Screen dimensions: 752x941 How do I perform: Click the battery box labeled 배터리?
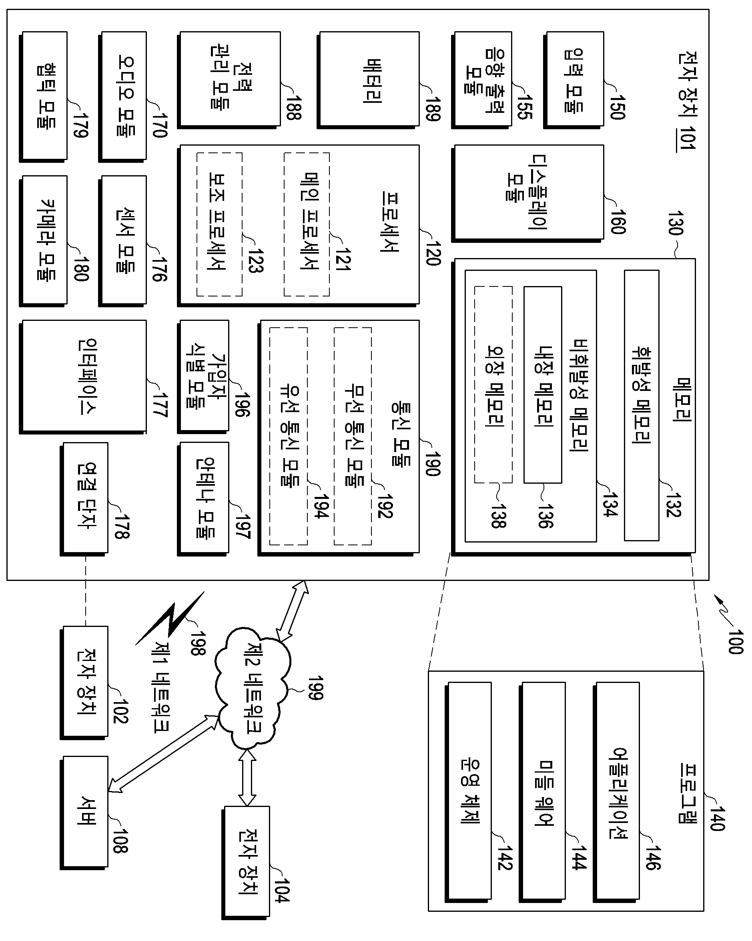coord(369,80)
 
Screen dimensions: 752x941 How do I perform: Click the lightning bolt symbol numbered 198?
coord(169,618)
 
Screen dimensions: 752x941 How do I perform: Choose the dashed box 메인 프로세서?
coord(307,224)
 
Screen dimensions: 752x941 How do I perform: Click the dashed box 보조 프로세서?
coord(219,224)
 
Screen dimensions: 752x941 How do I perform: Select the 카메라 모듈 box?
coord(43,241)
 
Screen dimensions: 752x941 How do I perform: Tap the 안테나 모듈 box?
coord(203,499)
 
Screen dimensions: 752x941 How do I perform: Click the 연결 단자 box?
coord(84,499)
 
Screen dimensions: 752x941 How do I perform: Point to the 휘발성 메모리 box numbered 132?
coord(642,405)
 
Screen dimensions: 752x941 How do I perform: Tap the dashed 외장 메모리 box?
coord(493,384)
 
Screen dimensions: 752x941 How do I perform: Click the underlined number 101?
coord(686,138)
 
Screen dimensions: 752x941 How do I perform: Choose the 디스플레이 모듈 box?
coord(528,193)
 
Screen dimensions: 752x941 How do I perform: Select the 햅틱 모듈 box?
coord(43,96)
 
